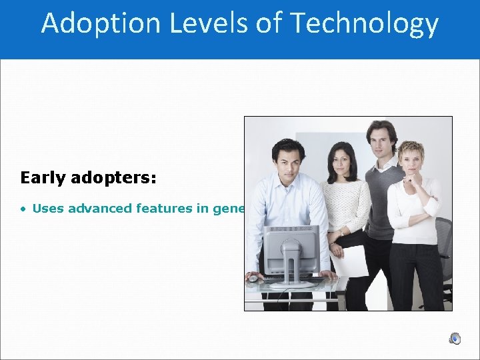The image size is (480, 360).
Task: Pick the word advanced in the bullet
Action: (99, 209)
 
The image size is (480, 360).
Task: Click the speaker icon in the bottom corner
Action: (455, 339)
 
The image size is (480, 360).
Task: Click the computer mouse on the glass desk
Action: (253, 278)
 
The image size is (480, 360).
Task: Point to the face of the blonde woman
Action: (410, 162)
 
